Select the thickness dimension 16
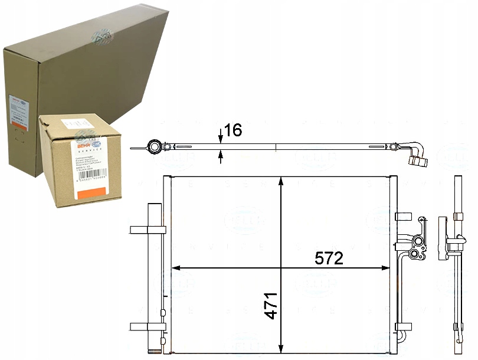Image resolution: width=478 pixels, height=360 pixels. pyautogui.click(x=234, y=130)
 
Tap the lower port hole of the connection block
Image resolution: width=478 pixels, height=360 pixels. pyautogui.click(x=414, y=254)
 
